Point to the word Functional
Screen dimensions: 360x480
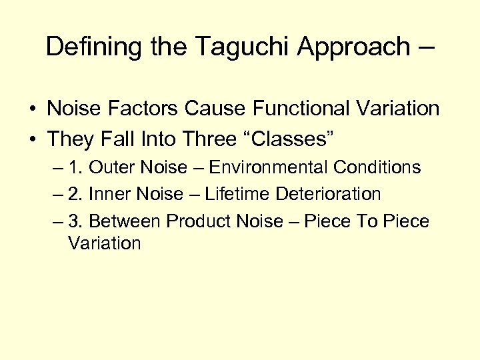click(315, 108)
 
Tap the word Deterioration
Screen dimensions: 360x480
click(327, 194)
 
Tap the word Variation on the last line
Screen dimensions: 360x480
click(104, 243)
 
